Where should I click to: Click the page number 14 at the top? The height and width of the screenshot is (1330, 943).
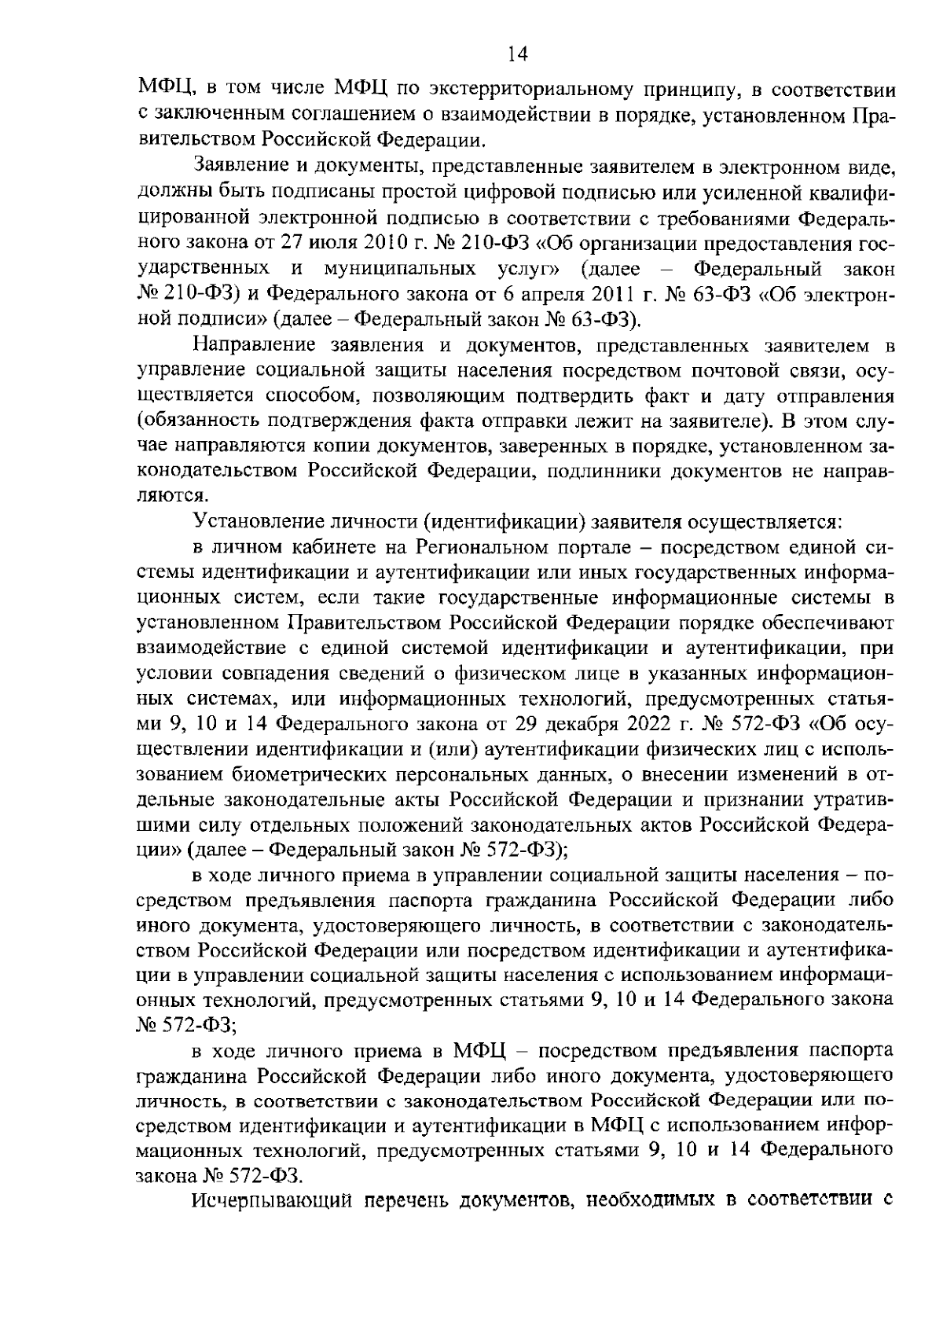(518, 53)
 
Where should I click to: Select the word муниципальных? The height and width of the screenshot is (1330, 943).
(400, 269)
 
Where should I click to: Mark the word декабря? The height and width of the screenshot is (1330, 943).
(573, 724)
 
